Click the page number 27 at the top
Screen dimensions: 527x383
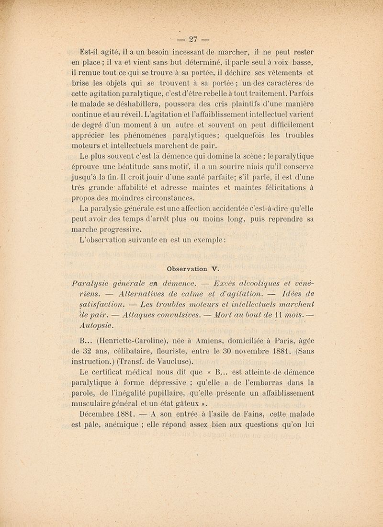tap(193, 40)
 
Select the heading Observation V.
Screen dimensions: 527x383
tap(193, 269)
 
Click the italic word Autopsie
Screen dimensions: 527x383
tap(96, 325)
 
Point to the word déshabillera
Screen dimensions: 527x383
tap(140, 103)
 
